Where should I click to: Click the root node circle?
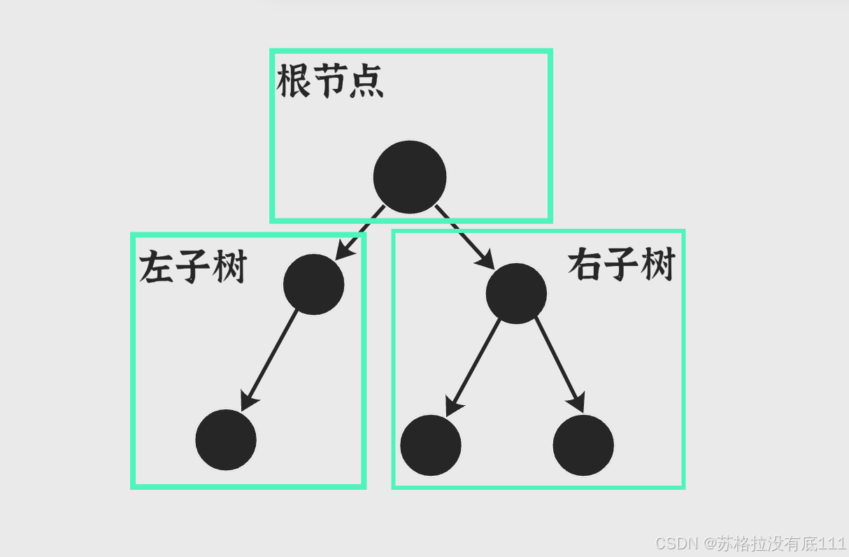coord(410,177)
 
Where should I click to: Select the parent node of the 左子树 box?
coord(313,284)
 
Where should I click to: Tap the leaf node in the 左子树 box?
coord(226,440)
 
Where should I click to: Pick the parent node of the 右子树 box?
coord(516,293)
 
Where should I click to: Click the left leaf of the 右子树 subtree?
coord(431,445)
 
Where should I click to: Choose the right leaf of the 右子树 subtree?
coord(583,445)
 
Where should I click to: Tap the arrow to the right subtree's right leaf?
coord(559,365)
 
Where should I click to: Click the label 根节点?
coord(330,82)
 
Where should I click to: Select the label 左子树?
coord(193,267)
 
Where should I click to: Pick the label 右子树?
coord(621,265)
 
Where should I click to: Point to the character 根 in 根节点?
coord(294,82)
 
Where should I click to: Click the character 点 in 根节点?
coord(366,82)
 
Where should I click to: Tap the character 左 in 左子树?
coord(157,267)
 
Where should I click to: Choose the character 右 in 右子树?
coord(585,265)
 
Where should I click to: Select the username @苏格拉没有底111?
coord(775,543)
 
